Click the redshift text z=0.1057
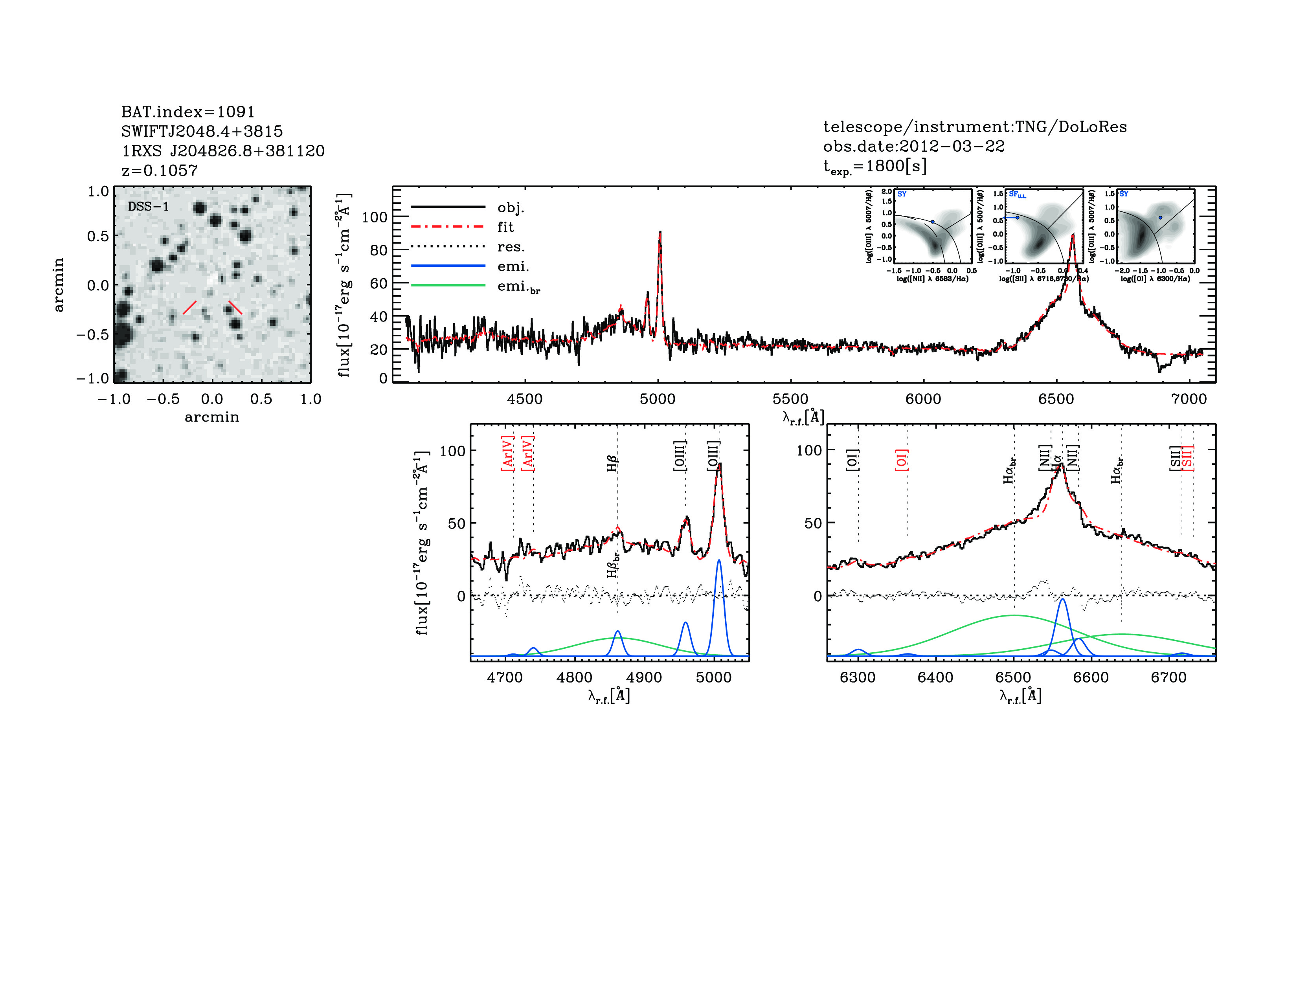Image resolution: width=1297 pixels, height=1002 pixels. tap(159, 171)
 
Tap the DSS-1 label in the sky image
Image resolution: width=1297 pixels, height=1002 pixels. tap(149, 207)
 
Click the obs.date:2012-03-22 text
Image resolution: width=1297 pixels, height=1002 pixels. tap(913, 146)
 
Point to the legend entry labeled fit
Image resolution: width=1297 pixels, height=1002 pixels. tap(505, 227)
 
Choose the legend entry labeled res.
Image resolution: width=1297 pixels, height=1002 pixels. tap(511, 246)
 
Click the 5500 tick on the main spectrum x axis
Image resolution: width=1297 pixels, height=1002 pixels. tap(790, 399)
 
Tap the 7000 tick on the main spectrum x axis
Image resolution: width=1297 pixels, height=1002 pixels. tap(1188, 399)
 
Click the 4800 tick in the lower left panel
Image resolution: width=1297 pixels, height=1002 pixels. tap(574, 677)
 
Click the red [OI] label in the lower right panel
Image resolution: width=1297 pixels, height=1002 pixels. tap(902, 460)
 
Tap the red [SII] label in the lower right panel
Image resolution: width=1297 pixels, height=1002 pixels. tap(1188, 458)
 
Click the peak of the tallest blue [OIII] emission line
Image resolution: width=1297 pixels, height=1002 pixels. tap(719, 560)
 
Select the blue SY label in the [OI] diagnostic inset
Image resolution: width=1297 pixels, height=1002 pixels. tap(1124, 194)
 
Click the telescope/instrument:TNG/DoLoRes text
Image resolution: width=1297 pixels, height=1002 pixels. tap(975, 127)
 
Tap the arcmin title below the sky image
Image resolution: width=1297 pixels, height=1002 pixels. tap(211, 417)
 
